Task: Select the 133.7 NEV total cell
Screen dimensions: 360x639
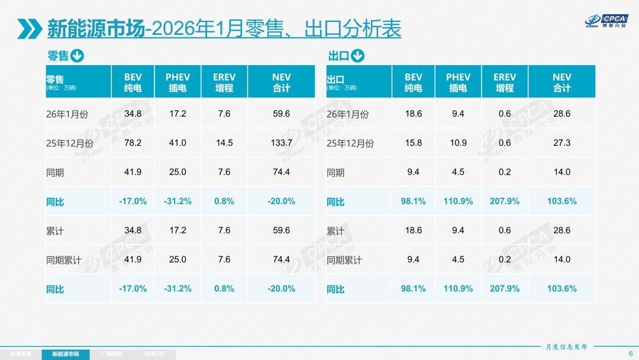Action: pos(281,143)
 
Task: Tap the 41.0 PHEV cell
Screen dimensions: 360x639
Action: pos(177,143)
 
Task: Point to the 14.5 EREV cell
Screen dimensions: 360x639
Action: pos(224,143)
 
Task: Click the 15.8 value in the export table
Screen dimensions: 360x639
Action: pos(414,143)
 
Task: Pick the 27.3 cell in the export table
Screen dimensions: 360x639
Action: pos(561,143)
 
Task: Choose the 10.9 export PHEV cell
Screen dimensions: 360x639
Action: pos(458,143)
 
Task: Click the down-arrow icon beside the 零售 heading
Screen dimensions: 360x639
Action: pos(78,56)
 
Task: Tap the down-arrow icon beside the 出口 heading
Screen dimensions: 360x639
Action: pos(357,56)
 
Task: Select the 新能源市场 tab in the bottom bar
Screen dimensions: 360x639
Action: pos(66,354)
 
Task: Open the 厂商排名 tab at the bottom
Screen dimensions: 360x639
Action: pos(112,354)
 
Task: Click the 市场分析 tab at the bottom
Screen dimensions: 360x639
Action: pos(155,354)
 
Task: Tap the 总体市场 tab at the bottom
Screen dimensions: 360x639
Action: pos(21,354)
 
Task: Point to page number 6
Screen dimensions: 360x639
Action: pos(630,353)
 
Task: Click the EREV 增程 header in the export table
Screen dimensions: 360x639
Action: pos(505,82)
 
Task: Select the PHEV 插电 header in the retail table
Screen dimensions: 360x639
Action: pos(177,82)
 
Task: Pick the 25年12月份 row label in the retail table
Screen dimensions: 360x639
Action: pos(70,143)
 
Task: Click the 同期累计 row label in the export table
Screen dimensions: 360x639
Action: pos(344,260)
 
